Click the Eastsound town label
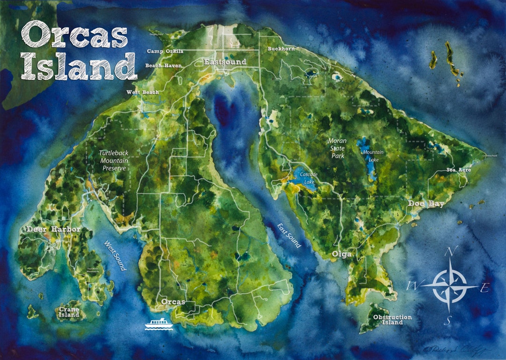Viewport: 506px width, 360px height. click(222, 62)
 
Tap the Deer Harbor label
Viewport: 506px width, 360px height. click(53, 229)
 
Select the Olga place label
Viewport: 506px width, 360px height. click(342, 255)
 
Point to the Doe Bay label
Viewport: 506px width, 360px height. click(425, 203)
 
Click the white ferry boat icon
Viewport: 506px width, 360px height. click(158, 323)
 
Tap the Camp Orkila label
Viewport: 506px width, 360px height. click(165, 51)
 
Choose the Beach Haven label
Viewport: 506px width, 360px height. click(163, 66)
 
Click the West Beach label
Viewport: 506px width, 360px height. click(142, 92)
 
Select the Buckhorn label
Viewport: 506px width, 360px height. click(280, 49)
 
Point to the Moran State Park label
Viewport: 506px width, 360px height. click(337, 148)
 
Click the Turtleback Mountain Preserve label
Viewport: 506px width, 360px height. click(113, 161)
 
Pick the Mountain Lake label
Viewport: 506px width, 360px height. click(373, 156)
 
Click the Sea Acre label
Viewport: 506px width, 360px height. click(459, 170)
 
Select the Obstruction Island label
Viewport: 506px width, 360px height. click(392, 320)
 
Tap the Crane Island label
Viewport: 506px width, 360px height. click(69, 312)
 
